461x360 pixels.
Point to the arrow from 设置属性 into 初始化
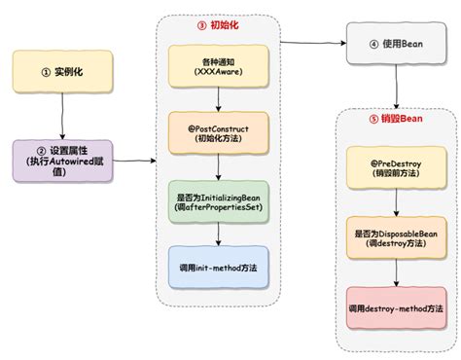click(x=136, y=161)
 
